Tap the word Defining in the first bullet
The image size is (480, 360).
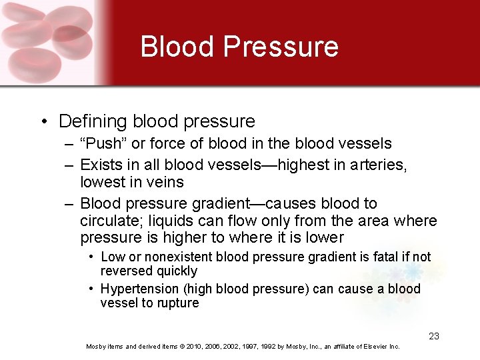(x=93, y=121)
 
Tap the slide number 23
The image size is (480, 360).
(x=434, y=336)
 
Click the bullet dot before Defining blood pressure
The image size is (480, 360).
(x=43, y=121)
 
